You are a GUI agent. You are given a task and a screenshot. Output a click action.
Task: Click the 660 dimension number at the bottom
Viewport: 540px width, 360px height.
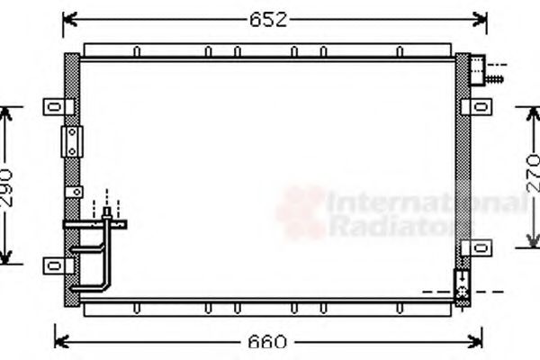(267, 342)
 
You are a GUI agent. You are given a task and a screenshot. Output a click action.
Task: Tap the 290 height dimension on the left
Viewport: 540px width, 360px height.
(8, 186)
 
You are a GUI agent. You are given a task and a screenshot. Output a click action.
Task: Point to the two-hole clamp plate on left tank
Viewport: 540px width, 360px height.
(71, 140)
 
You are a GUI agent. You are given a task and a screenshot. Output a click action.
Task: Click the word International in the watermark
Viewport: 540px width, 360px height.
(423, 205)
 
